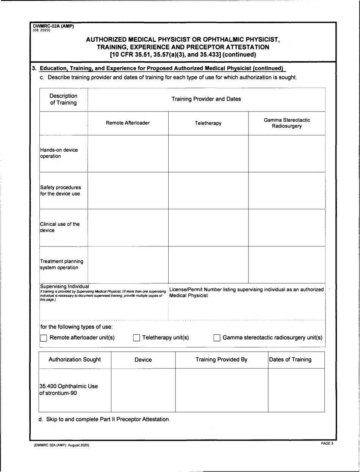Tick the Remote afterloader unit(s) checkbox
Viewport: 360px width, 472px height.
pyautogui.click(x=44, y=338)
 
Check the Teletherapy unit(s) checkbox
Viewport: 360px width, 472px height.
pyautogui.click(x=137, y=338)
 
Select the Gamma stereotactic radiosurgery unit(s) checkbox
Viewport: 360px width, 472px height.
pyautogui.click(x=217, y=338)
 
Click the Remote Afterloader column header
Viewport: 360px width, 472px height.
pyautogui.click(x=128, y=123)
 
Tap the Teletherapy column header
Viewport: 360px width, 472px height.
pyautogui.click(x=208, y=123)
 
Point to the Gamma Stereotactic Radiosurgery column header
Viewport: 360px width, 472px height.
pyautogui.click(x=287, y=123)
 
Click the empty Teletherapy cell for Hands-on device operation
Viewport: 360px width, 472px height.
pyautogui.click(x=208, y=153)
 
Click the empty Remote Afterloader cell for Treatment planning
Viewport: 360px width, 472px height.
pyautogui.click(x=128, y=264)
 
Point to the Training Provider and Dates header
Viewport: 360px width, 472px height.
pyautogui.click(x=206, y=99)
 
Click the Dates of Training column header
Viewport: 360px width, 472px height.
pyautogui.click(x=290, y=359)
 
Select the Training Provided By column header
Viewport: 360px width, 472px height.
pyautogui.click(x=221, y=359)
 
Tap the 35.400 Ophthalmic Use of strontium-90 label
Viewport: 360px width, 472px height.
pyautogui.click(x=69, y=390)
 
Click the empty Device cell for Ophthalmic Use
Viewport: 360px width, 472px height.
pyautogui.click(x=143, y=390)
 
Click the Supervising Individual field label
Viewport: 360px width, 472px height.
pyautogui.click(x=64, y=286)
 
